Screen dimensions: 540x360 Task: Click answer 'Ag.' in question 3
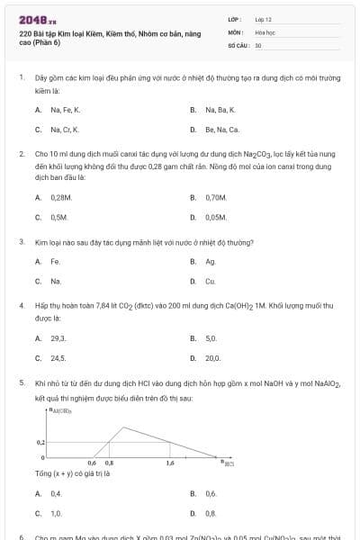click(x=211, y=262)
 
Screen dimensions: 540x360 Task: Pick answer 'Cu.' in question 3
click(x=211, y=282)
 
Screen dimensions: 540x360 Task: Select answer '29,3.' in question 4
click(x=58, y=338)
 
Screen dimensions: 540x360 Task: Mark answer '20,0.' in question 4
click(x=213, y=358)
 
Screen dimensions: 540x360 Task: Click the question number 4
click(x=21, y=305)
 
